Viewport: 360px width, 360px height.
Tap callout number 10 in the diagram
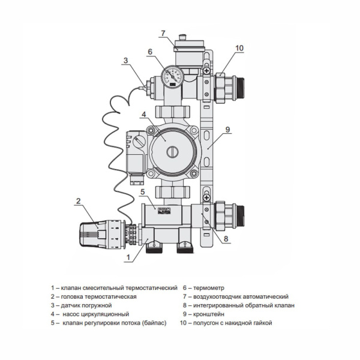(x=239, y=47)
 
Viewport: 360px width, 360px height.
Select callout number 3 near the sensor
(x=125, y=59)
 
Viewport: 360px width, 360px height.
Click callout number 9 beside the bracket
(x=227, y=128)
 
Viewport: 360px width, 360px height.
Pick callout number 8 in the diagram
(x=226, y=238)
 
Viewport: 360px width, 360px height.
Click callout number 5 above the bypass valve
(x=142, y=191)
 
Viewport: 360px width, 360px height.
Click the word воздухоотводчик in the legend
(x=220, y=297)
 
